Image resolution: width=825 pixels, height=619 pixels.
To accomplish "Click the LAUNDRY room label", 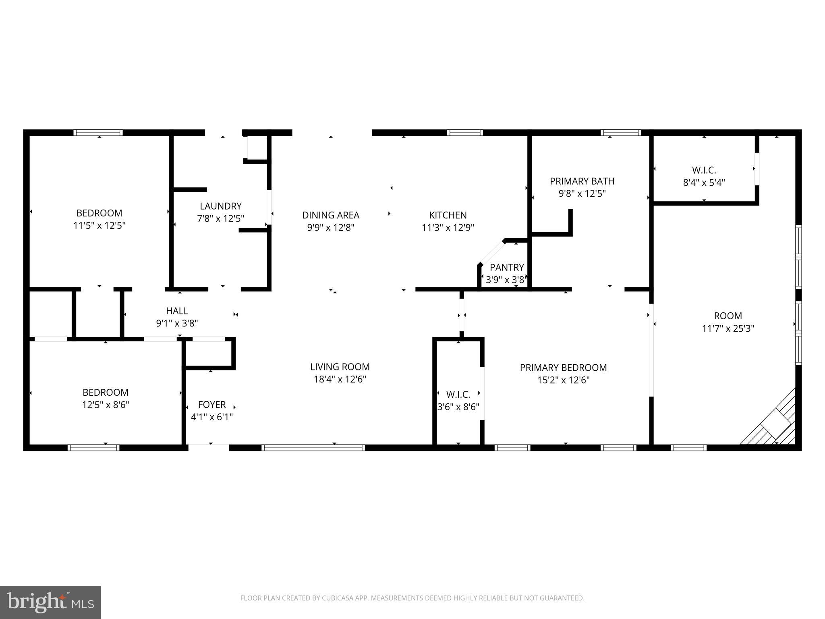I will (221, 206).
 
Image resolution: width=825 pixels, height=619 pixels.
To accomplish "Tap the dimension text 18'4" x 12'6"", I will (340, 379).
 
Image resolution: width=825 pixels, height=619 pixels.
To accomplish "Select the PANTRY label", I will (507, 267).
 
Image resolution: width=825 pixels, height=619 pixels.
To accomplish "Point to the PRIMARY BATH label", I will (582, 181).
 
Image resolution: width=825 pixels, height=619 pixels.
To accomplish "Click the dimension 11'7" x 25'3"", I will (728, 328).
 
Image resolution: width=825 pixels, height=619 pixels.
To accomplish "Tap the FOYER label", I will (211, 404).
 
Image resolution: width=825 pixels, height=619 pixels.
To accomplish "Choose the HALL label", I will (177, 311).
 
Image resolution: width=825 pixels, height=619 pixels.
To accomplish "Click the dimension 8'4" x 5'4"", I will (704, 183).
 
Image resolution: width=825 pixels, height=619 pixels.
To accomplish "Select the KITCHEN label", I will (448, 215).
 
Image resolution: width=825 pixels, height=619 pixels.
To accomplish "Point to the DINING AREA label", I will (331, 215).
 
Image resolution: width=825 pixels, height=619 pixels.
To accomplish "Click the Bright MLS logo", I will (50, 602).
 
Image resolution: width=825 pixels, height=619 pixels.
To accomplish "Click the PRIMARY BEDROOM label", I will (563, 368).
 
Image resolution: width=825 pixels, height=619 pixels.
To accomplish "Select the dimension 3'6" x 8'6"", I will (458, 407).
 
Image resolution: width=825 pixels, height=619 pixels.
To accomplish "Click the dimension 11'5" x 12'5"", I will (99, 225).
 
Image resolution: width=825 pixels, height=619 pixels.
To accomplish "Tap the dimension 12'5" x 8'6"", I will (105, 405).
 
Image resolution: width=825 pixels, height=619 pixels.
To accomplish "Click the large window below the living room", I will (313, 447).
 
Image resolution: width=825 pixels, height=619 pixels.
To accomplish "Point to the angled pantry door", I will (491, 253).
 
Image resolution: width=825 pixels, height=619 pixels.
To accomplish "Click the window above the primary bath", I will (620, 133).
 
